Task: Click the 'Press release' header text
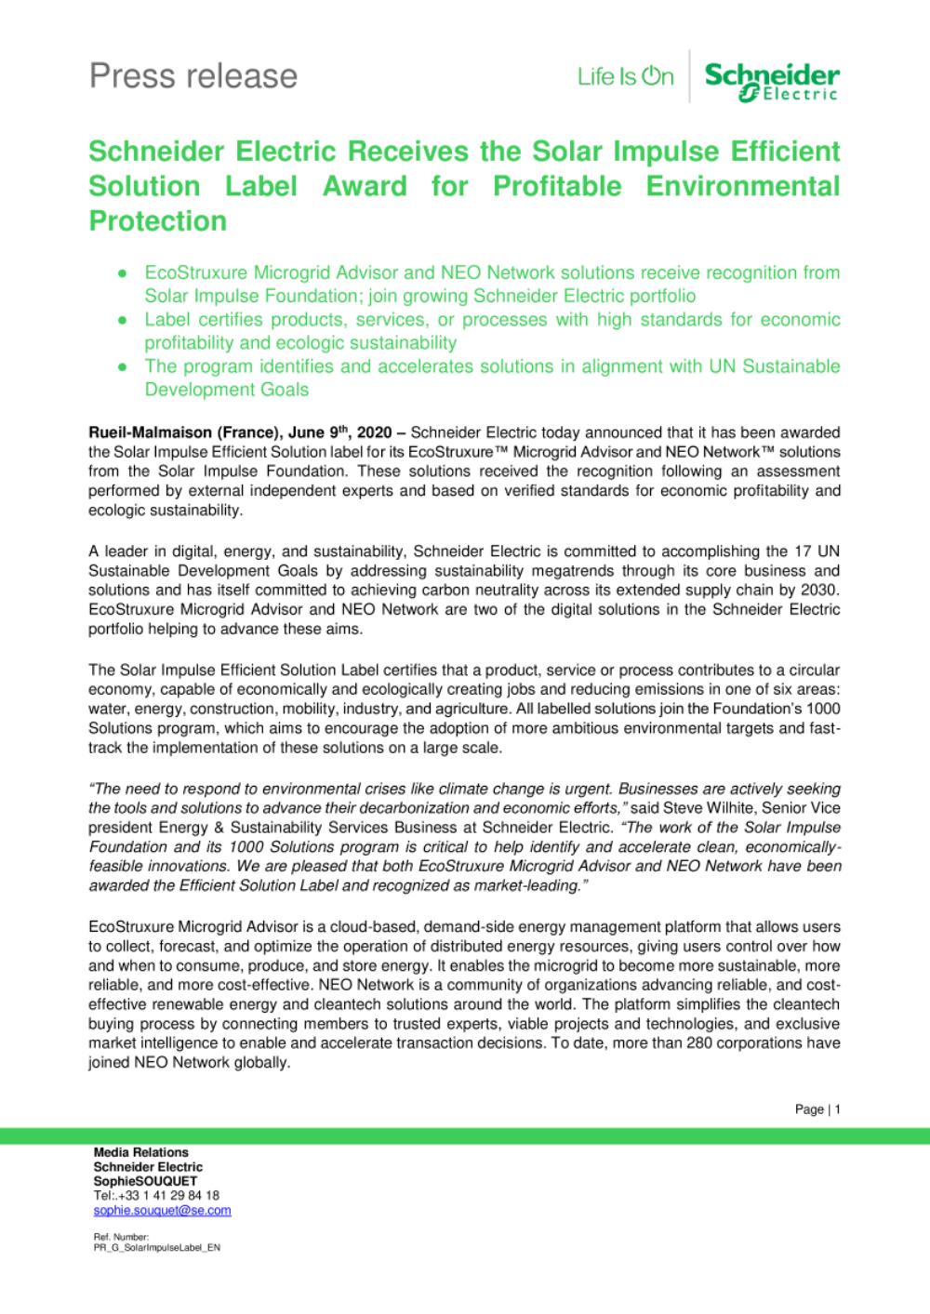click(x=193, y=76)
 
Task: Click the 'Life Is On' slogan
click(x=625, y=77)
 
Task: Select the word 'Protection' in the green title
click(x=157, y=221)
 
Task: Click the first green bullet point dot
click(x=122, y=273)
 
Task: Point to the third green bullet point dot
click(x=122, y=366)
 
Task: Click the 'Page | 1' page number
click(x=817, y=1109)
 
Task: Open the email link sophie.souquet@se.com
click(x=162, y=1211)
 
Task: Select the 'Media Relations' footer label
click(x=140, y=1152)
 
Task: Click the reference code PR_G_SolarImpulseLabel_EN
click(x=156, y=1248)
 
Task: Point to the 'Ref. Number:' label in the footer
click(x=114, y=1237)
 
